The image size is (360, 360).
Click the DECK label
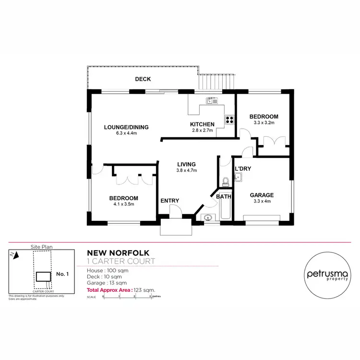[x=143, y=79]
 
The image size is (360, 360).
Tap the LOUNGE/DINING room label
[x=126, y=127]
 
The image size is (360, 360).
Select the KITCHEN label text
[x=202, y=125]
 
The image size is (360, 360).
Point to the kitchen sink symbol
[x=212, y=101]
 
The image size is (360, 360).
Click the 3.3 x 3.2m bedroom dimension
[x=264, y=123]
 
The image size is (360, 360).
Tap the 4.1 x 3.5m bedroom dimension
[x=123, y=204]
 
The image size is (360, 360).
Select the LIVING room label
[x=187, y=164]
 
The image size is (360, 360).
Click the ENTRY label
[x=169, y=201]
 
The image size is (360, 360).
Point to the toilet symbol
[x=226, y=181]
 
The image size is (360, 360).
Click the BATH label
[x=223, y=196]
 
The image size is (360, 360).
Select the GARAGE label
[x=262, y=195]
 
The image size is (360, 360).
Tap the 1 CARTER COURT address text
[x=120, y=261]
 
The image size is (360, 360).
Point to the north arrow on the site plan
[x=15, y=255]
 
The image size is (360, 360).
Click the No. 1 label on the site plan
[x=63, y=274]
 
